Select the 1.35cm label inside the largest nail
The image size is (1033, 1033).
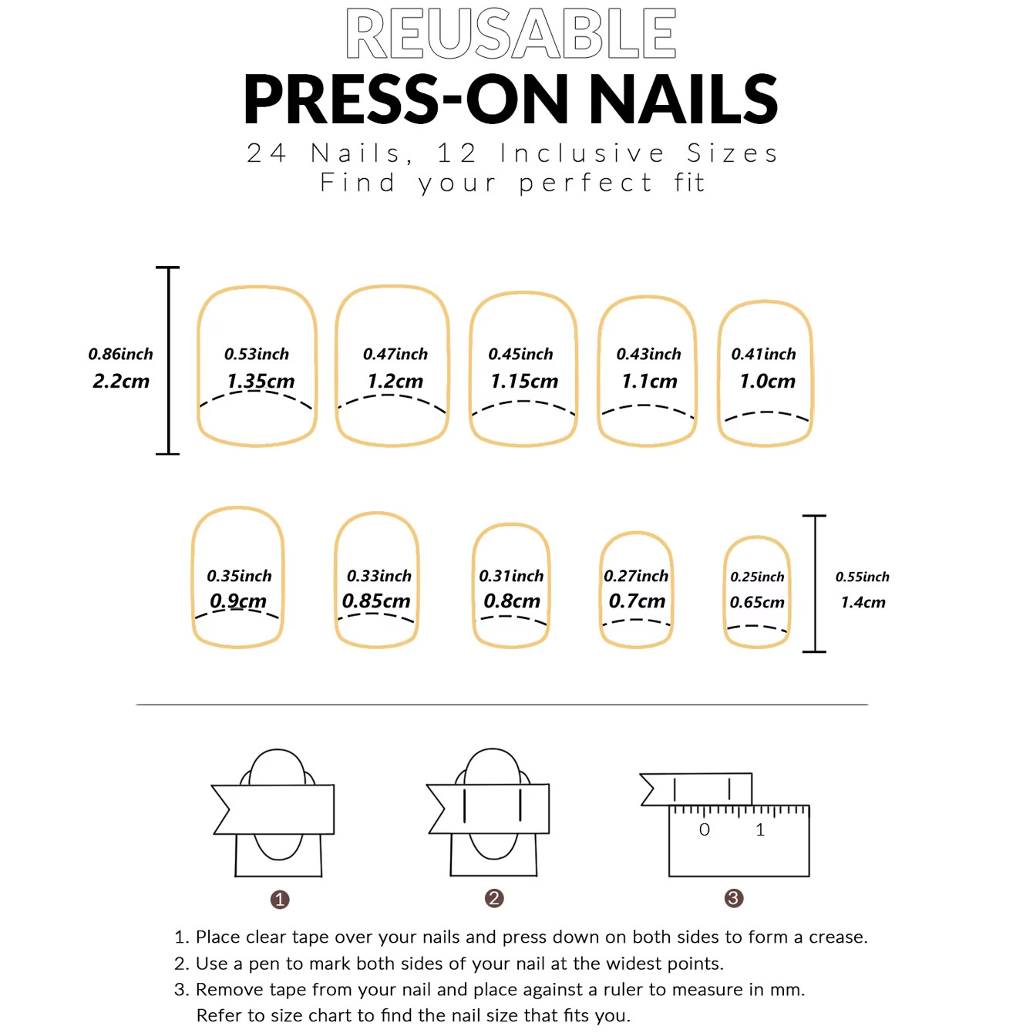click(261, 381)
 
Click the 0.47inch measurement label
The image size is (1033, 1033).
click(395, 354)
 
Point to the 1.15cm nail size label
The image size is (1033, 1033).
click(524, 381)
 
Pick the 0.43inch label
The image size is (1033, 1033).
click(648, 354)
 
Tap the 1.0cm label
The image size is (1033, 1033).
click(768, 381)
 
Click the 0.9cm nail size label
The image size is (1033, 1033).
click(238, 601)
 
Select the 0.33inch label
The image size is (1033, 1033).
click(379, 576)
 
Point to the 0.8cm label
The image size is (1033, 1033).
click(512, 601)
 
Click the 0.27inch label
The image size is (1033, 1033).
click(636, 576)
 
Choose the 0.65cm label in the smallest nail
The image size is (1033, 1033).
click(757, 602)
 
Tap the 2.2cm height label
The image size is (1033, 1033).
click(121, 381)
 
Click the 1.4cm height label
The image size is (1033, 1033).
click(863, 602)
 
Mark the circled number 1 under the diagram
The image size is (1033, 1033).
click(280, 900)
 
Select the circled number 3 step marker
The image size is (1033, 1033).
click(734, 898)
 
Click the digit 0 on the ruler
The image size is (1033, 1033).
click(705, 829)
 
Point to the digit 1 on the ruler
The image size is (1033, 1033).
click(760, 829)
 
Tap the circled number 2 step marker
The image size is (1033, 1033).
click(494, 898)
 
